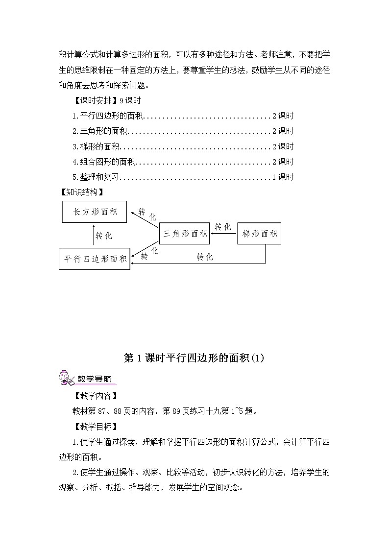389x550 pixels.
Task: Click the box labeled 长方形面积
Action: pos(95,212)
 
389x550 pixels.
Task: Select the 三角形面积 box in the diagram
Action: pos(185,234)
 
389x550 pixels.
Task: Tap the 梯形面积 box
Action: pos(260,234)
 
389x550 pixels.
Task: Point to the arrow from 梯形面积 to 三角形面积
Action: pos(223,234)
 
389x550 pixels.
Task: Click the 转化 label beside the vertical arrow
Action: pos(104,236)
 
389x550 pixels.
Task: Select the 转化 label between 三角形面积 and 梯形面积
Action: pos(223,226)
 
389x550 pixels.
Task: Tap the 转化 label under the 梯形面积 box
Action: pos(205,257)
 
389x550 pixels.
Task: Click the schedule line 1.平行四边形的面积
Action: pos(107,116)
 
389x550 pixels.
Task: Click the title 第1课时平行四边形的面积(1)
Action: pos(194,358)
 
